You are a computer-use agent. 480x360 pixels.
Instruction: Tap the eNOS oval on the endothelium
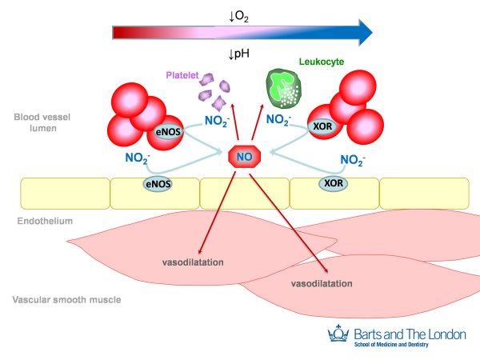(158, 184)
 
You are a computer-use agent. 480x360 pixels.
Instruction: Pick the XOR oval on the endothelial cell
(332, 183)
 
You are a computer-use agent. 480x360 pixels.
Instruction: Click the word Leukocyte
(321, 61)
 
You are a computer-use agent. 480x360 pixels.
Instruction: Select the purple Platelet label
(182, 75)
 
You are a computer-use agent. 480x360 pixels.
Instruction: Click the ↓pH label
(240, 54)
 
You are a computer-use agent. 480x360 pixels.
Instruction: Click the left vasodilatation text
(190, 262)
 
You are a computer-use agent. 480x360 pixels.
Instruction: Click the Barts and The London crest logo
(338, 336)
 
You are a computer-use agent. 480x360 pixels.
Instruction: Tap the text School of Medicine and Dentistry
(392, 344)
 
